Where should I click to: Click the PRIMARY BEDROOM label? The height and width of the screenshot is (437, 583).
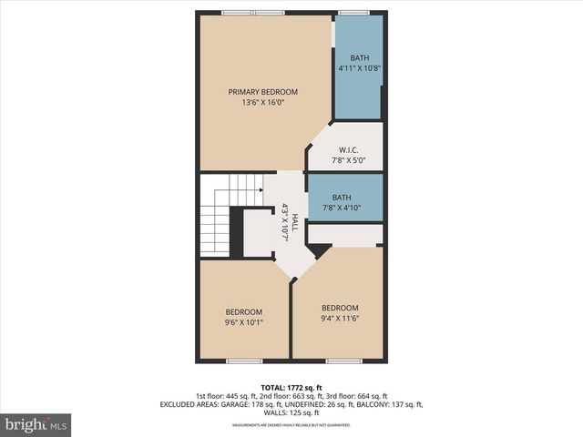tap(262, 92)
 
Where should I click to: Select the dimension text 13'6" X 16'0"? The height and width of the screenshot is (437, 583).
tap(262, 103)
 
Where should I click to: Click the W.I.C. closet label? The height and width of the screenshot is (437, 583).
tap(347, 149)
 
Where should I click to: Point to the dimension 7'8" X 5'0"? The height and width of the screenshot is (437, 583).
tap(347, 159)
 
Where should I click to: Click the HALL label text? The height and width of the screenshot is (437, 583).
tap(294, 222)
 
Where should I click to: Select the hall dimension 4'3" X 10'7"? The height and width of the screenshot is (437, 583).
tap(285, 222)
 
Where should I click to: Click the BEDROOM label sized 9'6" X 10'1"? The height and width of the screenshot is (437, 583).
tap(244, 311)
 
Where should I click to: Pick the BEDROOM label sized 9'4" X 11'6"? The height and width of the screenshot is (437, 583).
tap(339, 308)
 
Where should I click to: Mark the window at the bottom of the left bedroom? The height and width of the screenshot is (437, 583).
tap(243, 361)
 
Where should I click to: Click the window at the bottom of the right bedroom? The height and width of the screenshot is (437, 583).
tap(343, 361)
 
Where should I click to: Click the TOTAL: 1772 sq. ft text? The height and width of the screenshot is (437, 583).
tap(291, 386)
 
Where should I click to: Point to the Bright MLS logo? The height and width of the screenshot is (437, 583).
tap(36, 424)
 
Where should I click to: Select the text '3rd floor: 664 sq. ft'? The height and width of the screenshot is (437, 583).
tap(353, 396)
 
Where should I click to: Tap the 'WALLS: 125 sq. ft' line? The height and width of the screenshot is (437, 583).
tap(291, 412)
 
